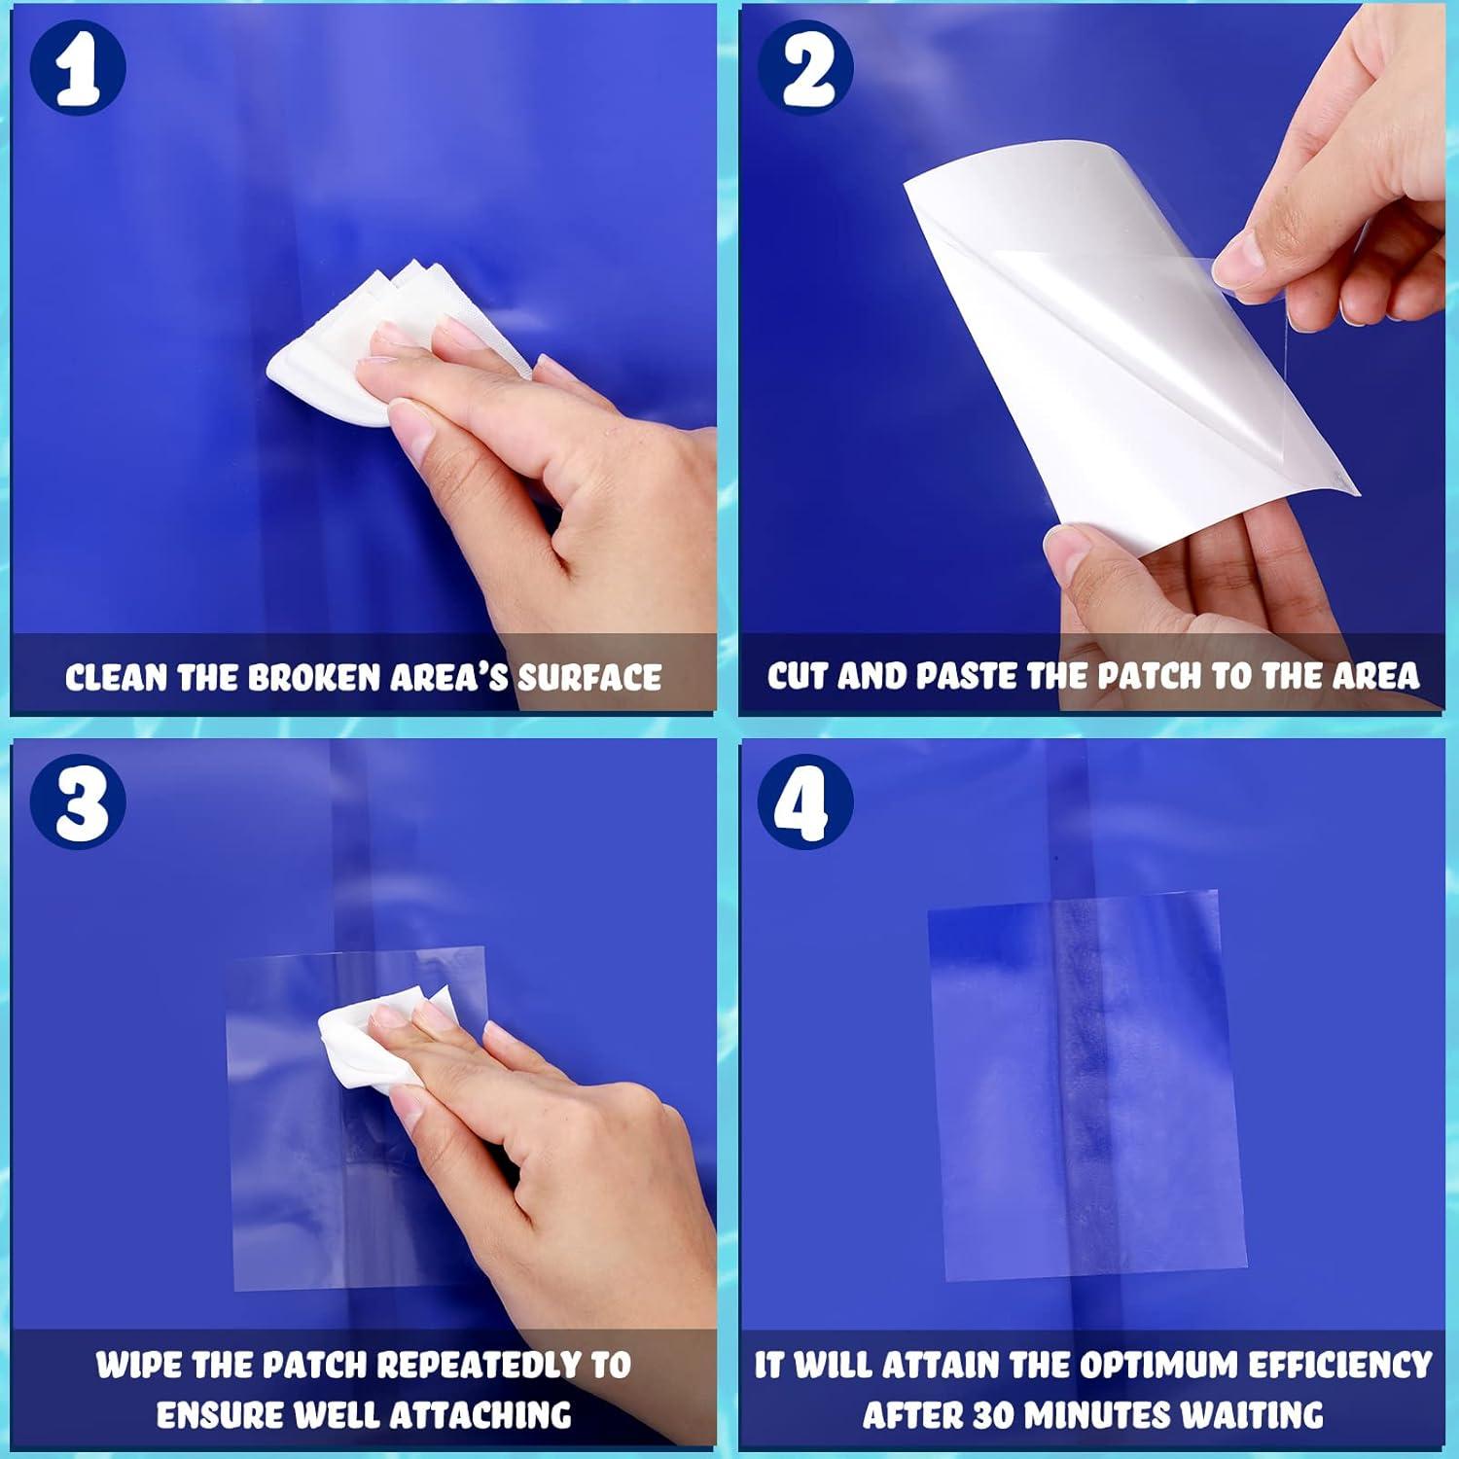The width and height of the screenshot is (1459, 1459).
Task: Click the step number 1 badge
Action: point(78,68)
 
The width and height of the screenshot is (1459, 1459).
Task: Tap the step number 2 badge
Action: point(805,68)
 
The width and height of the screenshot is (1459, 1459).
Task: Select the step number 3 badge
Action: point(78,801)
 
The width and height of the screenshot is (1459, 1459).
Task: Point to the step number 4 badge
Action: point(805,801)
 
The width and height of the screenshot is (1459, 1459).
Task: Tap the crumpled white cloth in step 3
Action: point(374,1036)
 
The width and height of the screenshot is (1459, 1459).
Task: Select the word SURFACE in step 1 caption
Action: point(589,678)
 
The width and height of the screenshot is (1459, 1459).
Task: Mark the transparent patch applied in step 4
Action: point(1086,1085)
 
